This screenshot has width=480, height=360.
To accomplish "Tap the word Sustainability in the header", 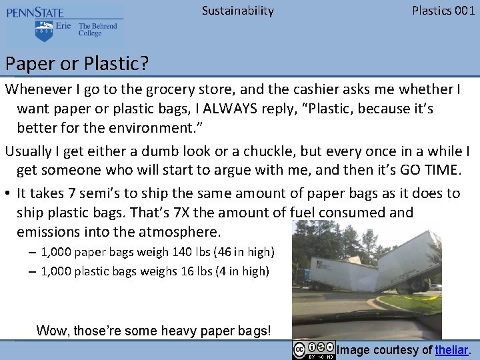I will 237,11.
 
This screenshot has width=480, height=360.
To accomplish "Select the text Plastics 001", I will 443,11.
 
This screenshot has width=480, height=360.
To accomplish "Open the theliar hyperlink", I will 451,350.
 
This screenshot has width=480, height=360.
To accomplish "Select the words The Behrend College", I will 97,30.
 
